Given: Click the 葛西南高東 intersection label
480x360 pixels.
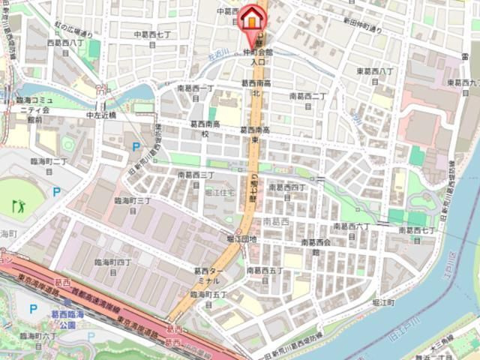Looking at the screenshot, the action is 255,134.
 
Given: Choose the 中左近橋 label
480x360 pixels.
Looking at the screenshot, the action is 101,115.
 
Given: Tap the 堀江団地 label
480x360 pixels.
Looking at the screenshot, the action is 241,239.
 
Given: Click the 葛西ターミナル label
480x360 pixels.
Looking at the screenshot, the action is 209,275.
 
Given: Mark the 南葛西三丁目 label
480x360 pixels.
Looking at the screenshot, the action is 196,178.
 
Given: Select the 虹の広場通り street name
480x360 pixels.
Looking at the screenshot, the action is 73,34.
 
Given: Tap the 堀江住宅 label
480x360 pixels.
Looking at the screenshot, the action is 220,193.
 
